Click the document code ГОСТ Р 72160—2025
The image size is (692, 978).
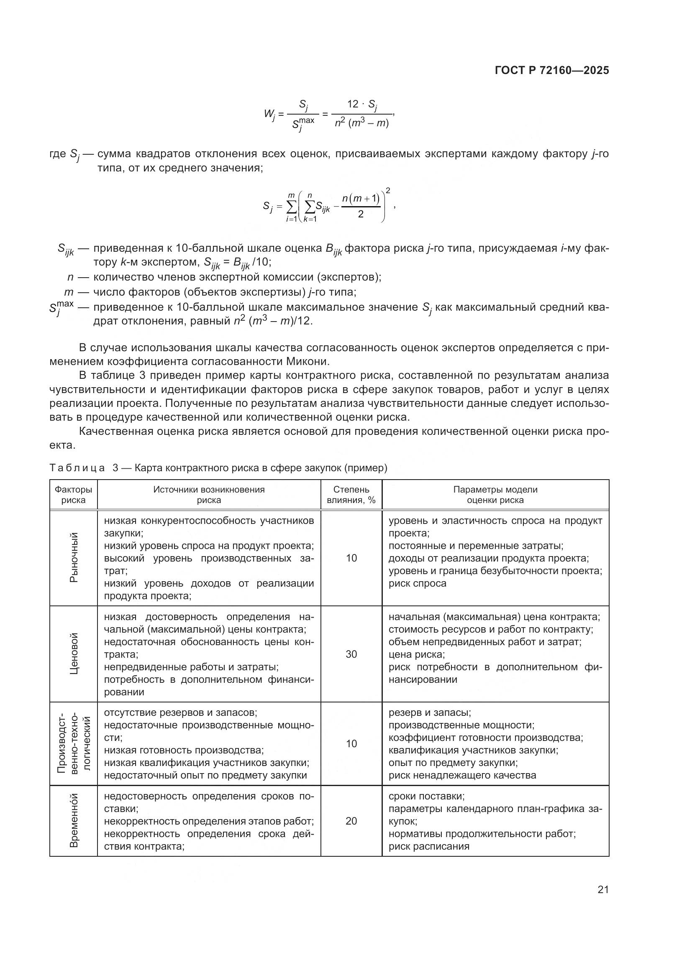[552, 71]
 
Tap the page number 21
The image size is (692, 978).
[603, 889]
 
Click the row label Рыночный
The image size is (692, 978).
[74, 558]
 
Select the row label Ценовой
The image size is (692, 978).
[74, 654]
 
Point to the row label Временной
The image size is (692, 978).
[74, 820]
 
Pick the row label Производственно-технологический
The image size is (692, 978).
[74, 743]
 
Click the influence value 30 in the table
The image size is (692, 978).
[351, 654]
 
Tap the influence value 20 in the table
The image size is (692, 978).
[351, 821]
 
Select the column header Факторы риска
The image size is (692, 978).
[73, 495]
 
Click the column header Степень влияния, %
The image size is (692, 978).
[351, 495]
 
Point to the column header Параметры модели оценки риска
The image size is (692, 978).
[495, 495]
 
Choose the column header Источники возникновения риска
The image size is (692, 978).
[209, 495]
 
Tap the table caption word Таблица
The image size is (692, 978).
[77, 468]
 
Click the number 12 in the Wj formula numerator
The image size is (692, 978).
[353, 104]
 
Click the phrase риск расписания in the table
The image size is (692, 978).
[429, 846]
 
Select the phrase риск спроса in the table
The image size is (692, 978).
[417, 583]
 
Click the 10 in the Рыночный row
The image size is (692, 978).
[351, 558]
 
